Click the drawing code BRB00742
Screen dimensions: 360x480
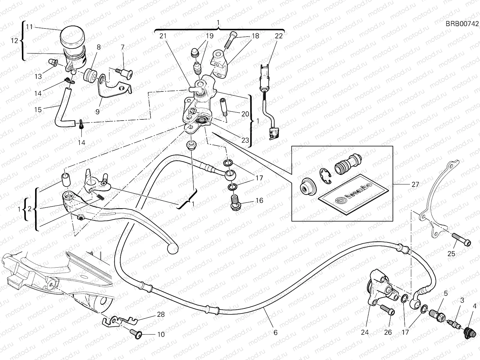(x=461, y=24)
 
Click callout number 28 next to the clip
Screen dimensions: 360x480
(x=161, y=315)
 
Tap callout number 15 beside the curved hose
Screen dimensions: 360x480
(x=38, y=109)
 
